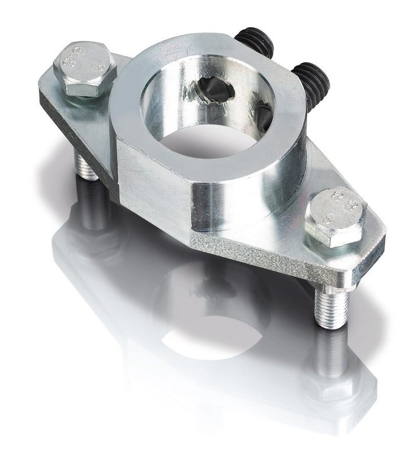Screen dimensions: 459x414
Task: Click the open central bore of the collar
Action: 215,138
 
